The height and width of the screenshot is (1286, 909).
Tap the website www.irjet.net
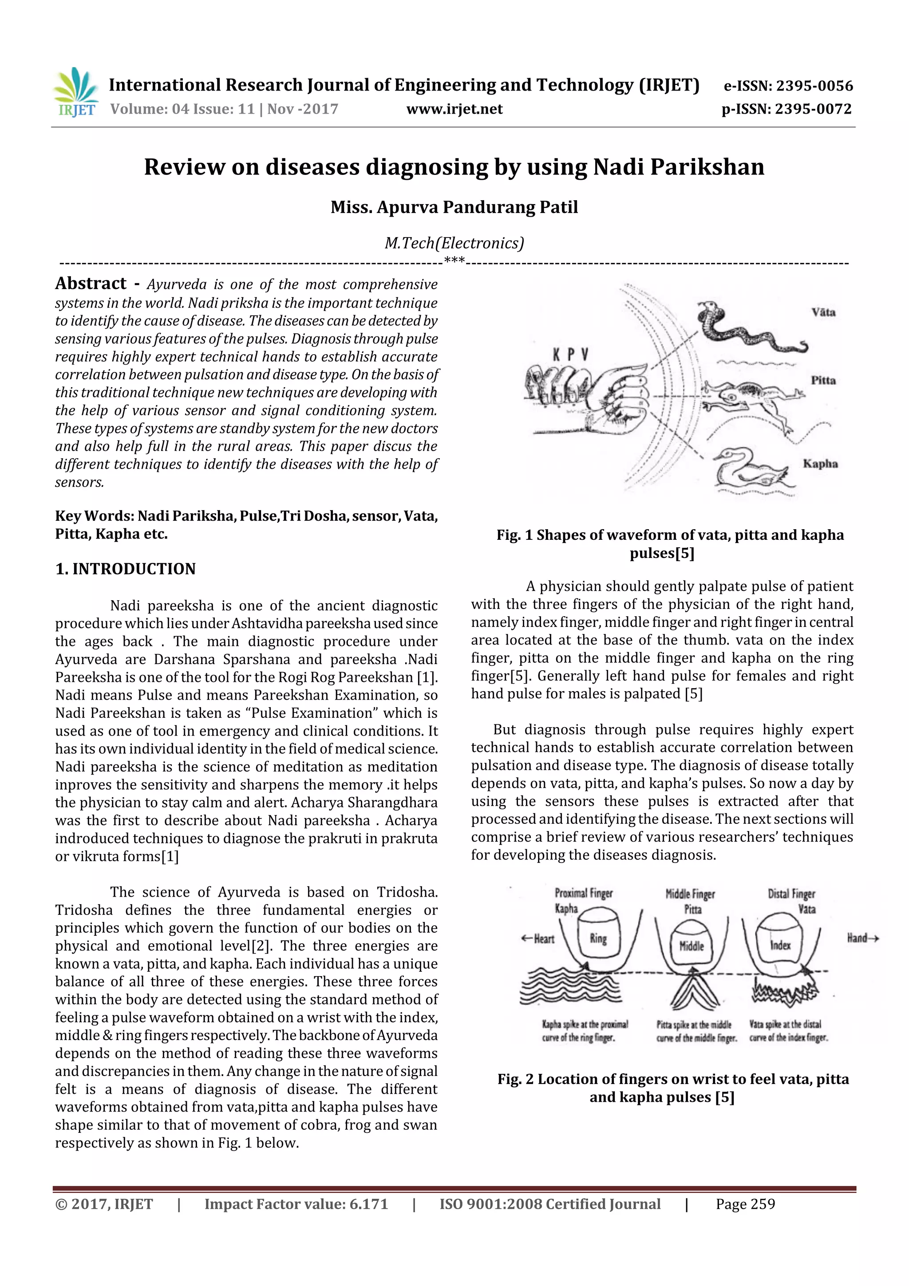[x=454, y=109]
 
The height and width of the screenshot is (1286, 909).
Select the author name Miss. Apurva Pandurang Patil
[x=454, y=207]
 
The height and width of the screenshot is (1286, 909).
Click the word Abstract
[x=91, y=283]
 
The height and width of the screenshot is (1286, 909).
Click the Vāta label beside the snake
[x=823, y=313]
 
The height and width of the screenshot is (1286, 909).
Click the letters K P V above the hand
[x=570, y=355]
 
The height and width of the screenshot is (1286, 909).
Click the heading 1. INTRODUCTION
[x=126, y=569]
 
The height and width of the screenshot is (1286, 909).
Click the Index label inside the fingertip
[x=780, y=946]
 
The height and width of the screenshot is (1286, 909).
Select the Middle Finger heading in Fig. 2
[x=690, y=894]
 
